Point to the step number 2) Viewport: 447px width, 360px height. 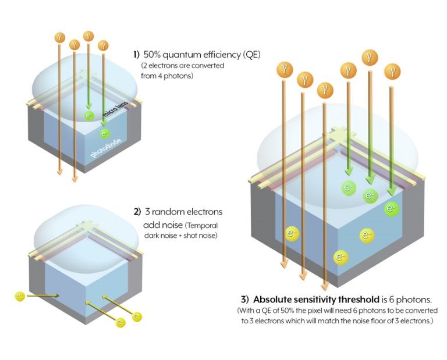[138, 211]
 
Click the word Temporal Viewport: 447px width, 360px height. [201, 224]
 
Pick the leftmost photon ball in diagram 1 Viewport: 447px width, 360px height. [59, 37]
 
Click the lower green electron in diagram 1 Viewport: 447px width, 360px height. [105, 133]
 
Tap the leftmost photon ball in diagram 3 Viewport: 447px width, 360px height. [283, 69]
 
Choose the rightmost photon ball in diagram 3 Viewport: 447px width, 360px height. [392, 72]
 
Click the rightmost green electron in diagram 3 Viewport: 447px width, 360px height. [391, 209]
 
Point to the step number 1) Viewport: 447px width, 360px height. [136, 55]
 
